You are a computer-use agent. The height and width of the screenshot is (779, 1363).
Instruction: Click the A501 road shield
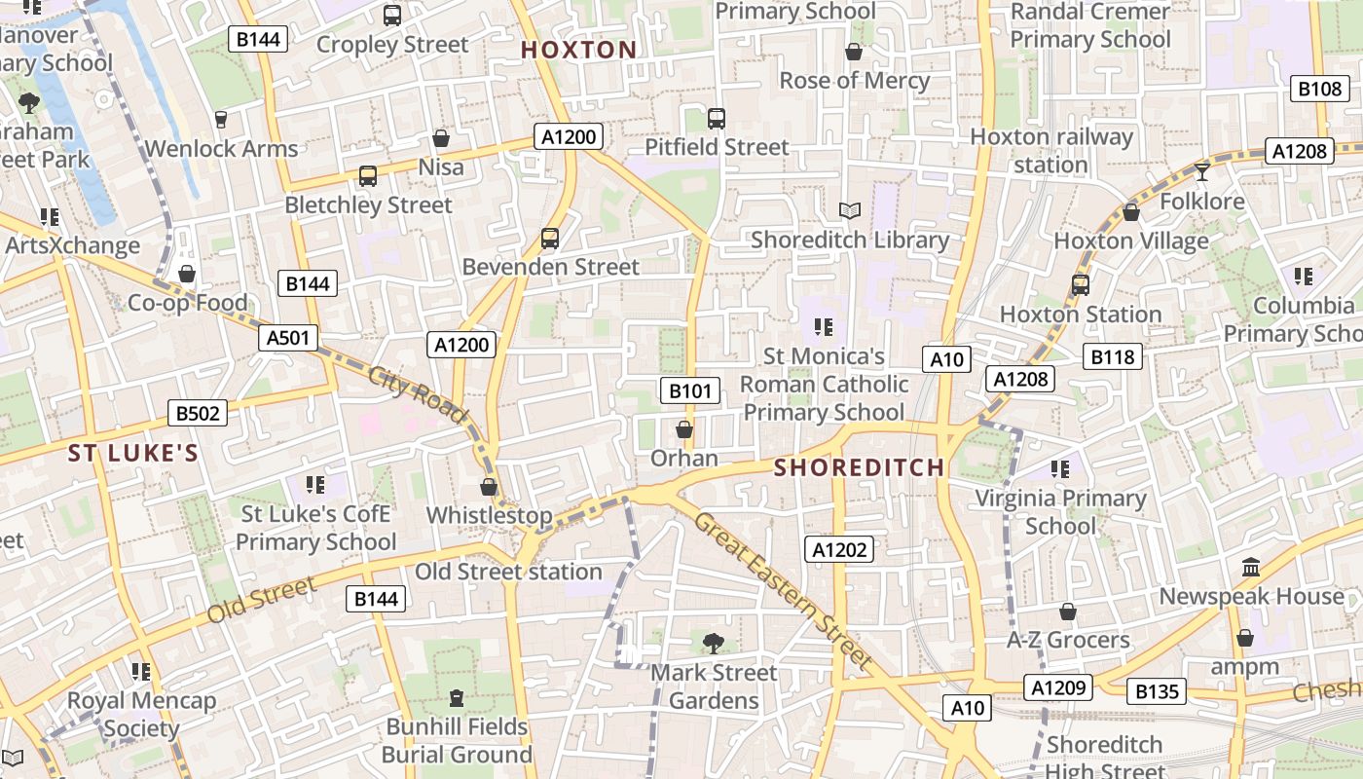point(289,338)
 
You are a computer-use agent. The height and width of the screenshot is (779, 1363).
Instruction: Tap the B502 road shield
point(198,413)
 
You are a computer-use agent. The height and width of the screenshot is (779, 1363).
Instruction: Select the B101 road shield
point(690,391)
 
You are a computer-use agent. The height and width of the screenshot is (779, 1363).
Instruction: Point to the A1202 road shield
point(839,549)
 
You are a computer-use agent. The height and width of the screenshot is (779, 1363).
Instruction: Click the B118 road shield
point(1113,356)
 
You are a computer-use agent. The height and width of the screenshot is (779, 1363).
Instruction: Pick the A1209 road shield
point(1058,687)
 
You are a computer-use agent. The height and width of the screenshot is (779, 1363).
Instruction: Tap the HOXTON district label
point(578,50)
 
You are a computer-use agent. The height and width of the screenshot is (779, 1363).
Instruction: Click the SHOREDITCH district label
point(859,467)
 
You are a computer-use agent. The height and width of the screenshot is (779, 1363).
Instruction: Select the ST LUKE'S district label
point(133,453)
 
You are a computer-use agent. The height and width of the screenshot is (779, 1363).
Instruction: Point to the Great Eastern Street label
point(783,590)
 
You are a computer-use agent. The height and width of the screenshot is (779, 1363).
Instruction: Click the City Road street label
point(418,392)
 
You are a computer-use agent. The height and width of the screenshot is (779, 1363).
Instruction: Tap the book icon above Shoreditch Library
point(850,210)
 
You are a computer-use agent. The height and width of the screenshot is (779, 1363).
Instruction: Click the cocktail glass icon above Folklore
point(1202,172)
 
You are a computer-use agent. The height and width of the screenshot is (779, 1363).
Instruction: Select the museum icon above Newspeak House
point(1251,567)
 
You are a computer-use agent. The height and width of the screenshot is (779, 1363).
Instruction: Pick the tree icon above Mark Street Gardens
point(714,642)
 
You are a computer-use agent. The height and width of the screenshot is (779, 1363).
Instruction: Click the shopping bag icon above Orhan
point(684,428)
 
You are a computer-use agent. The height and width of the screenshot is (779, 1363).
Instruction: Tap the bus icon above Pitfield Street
point(717,119)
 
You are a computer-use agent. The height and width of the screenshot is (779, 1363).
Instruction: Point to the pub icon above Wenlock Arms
point(221,120)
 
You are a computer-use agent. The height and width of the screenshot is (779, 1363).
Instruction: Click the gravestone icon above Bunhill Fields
point(457,697)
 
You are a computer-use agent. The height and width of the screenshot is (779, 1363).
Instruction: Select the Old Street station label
point(508,572)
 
